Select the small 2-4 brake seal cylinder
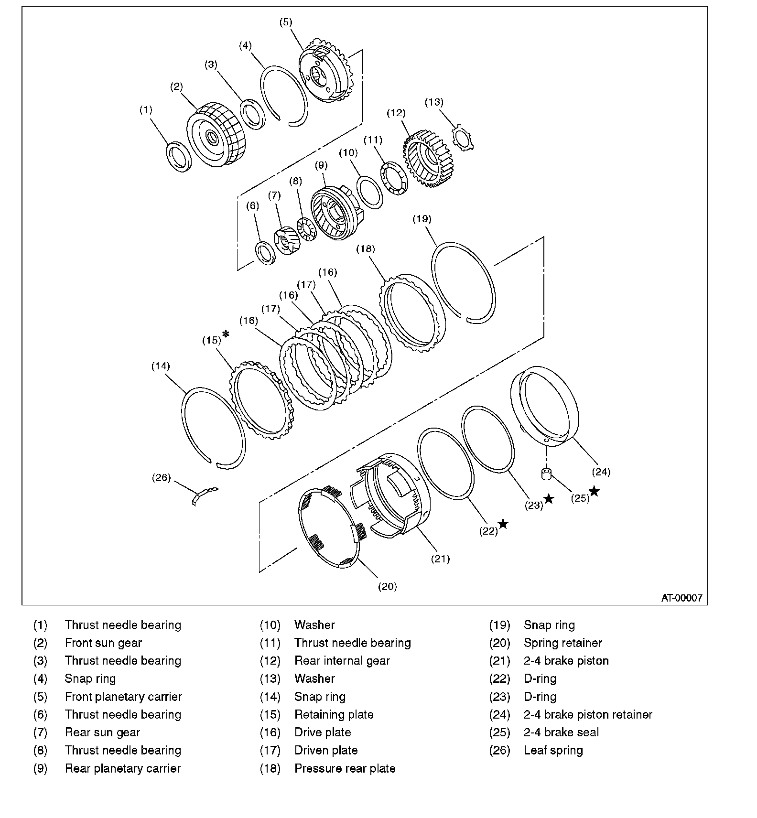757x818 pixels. pyautogui.click(x=546, y=474)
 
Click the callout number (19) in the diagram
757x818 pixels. pyautogui.click(x=422, y=219)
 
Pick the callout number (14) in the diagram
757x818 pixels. pyautogui.click(x=161, y=366)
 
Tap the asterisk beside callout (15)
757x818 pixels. pyautogui.click(x=226, y=334)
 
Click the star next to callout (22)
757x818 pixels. pyautogui.click(x=503, y=524)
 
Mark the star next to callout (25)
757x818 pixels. pyautogui.click(x=594, y=491)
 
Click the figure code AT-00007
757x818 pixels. pyautogui.click(x=681, y=598)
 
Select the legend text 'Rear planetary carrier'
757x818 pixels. pyautogui.click(x=123, y=768)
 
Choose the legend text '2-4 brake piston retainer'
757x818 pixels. pyautogui.click(x=588, y=714)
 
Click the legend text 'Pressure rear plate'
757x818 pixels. pyautogui.click(x=345, y=768)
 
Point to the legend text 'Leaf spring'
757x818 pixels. pyautogui.click(x=553, y=750)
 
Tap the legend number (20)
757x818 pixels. pyautogui.click(x=499, y=643)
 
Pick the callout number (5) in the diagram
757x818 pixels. pyautogui.click(x=285, y=22)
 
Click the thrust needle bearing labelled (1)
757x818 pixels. pyautogui.click(x=179, y=156)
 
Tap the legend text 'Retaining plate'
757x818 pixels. pyautogui.click(x=334, y=714)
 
